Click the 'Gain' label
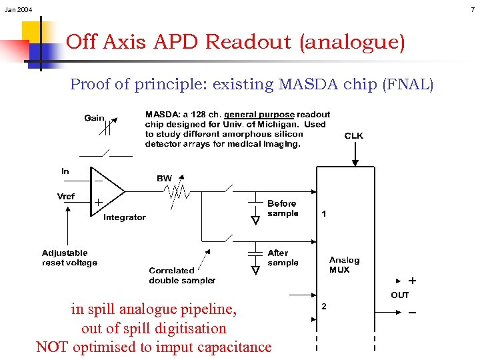(94, 118)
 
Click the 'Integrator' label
(124, 217)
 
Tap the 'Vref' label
(66, 196)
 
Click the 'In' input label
(65, 171)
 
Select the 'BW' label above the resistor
(164, 179)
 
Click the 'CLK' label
(353, 136)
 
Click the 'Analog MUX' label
(344, 265)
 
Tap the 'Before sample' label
(283, 208)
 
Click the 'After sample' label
(283, 258)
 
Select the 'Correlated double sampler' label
(182, 275)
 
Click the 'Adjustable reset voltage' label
(69, 258)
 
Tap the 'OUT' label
(399, 295)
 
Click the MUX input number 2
(324, 306)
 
